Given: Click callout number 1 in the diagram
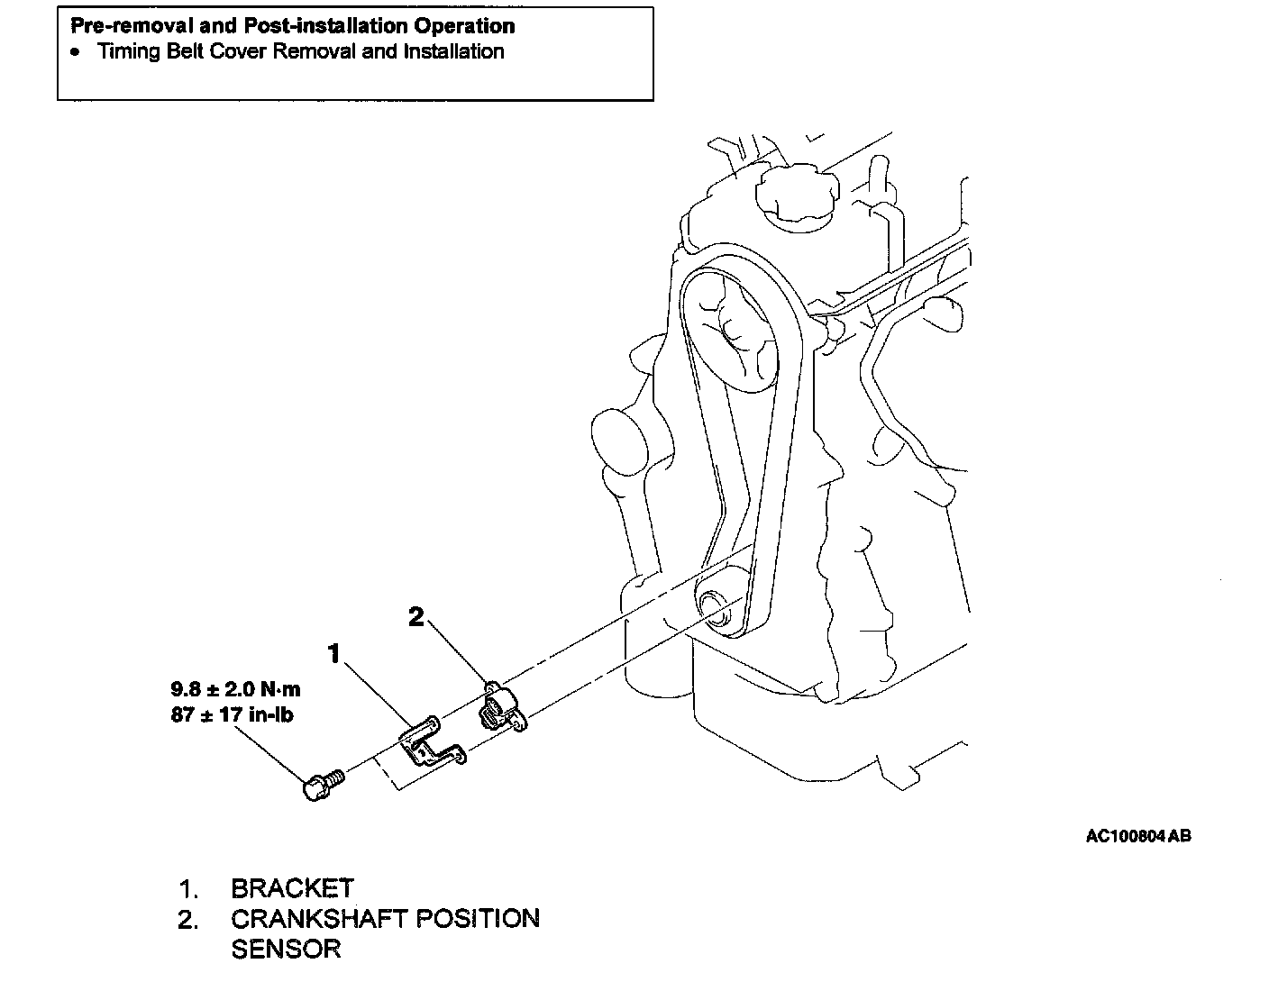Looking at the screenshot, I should [x=334, y=653].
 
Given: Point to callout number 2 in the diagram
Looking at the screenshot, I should [x=415, y=617].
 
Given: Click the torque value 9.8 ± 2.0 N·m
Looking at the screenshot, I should [x=235, y=690].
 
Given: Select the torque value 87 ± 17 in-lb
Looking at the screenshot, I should [x=232, y=715].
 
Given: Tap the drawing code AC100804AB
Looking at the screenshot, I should [x=1138, y=836].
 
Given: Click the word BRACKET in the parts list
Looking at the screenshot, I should [x=292, y=888].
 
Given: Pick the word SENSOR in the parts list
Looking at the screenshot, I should [x=286, y=949].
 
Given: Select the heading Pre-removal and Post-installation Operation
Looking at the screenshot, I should [x=293, y=26].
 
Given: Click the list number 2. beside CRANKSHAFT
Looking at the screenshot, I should [x=188, y=920].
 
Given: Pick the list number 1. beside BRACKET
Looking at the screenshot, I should [x=188, y=889].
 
